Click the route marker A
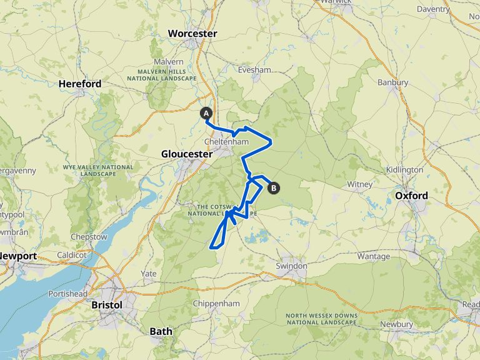(x=206, y=113)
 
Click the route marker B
(x=273, y=187)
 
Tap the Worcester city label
(x=192, y=33)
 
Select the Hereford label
(x=80, y=83)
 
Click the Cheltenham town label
(x=226, y=142)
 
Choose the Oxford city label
(x=412, y=196)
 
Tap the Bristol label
(x=106, y=304)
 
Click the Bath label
(x=161, y=331)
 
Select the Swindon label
(x=292, y=266)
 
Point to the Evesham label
(x=254, y=69)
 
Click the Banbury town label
(x=393, y=82)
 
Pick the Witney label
(x=360, y=184)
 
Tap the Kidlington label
(x=405, y=169)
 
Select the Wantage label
(x=373, y=256)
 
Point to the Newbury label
(x=396, y=324)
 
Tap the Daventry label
(x=451, y=9)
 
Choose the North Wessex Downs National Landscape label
(x=321, y=319)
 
